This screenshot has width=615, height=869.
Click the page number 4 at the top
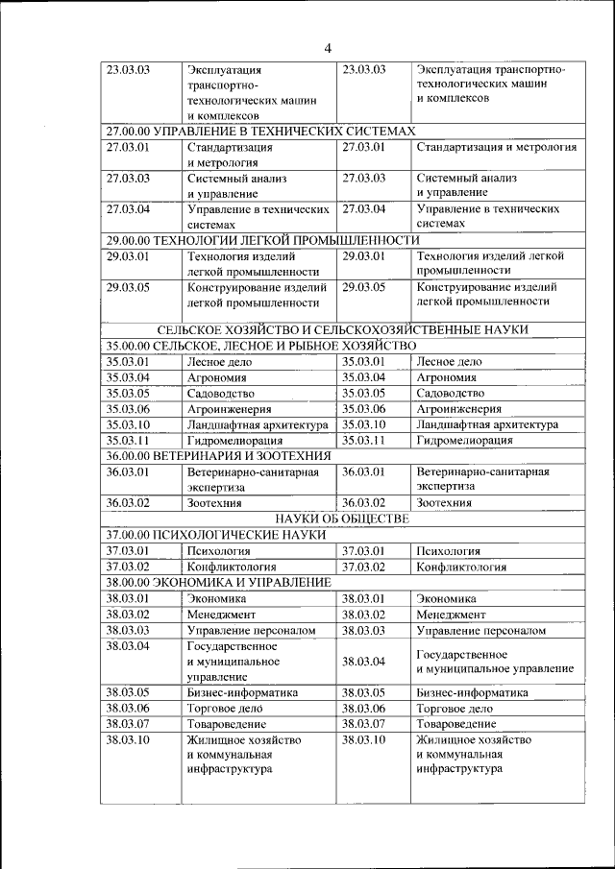[x=327, y=49]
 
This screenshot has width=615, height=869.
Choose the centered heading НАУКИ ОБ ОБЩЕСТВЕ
[x=342, y=519]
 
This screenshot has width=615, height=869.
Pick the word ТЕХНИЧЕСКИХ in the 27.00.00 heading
[x=309, y=131]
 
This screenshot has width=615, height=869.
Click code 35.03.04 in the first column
[x=128, y=377]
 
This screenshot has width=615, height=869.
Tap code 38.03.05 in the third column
[x=363, y=691]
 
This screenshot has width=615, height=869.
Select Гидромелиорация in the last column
[x=464, y=440]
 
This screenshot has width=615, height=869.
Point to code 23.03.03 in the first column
[x=128, y=69]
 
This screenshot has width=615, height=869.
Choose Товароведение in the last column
[x=456, y=723]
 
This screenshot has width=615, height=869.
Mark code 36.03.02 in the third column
[x=363, y=502]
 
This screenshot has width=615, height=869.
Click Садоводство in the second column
[x=221, y=393]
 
